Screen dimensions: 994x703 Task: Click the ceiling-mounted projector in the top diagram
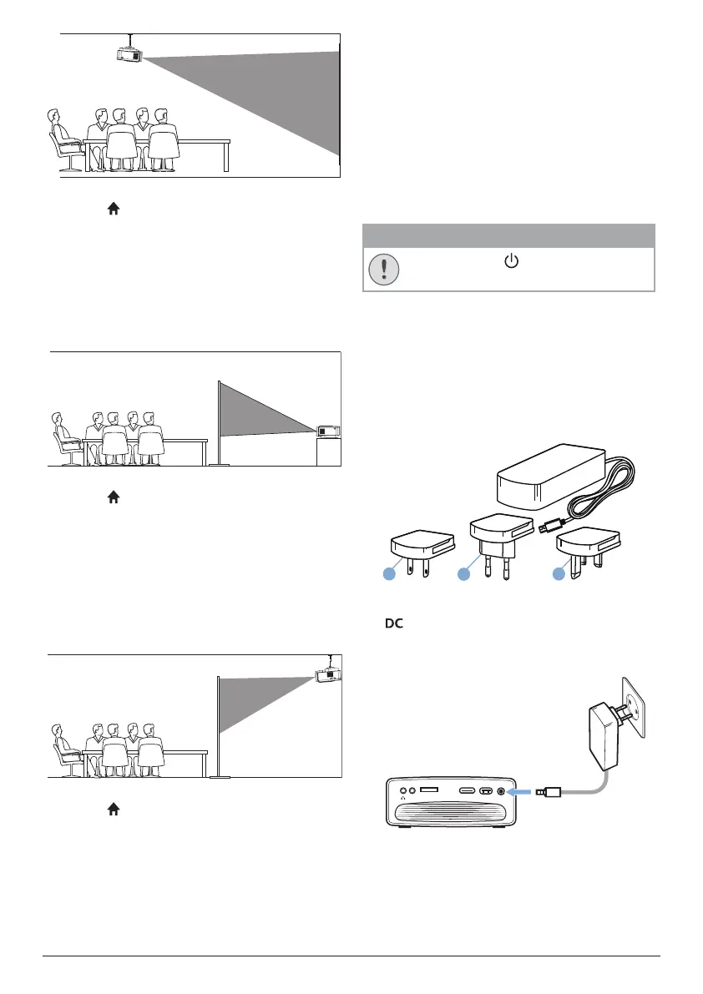point(129,53)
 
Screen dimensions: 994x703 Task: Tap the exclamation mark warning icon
point(383,269)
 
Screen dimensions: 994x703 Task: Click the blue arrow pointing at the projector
point(522,790)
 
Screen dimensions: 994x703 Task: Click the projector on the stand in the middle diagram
point(328,431)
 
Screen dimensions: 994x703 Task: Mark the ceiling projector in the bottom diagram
point(328,674)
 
